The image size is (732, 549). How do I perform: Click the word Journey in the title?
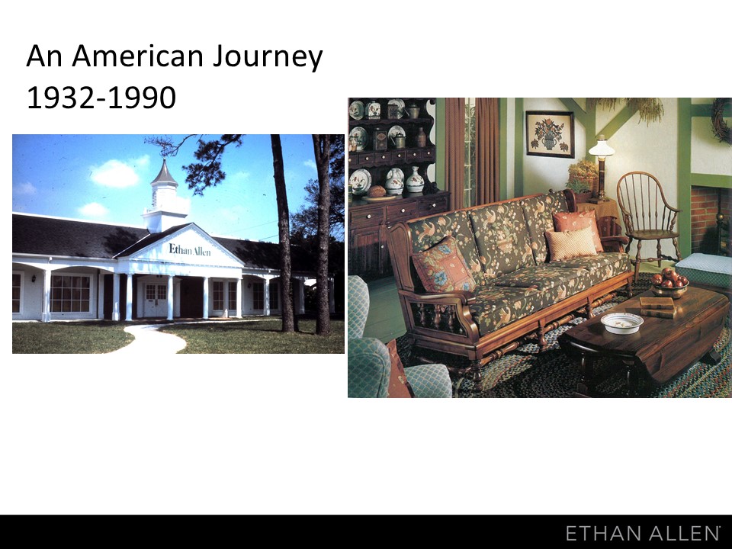click(268, 57)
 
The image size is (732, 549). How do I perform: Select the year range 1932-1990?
click(101, 98)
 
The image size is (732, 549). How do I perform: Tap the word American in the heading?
click(138, 56)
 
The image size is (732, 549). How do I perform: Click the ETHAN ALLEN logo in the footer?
click(642, 533)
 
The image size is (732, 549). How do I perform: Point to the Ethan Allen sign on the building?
click(190, 250)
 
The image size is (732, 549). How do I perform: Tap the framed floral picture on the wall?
click(550, 134)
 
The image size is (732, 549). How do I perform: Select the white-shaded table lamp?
click(601, 168)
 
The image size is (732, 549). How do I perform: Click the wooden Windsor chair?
click(647, 220)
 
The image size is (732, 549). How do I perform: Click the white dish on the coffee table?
click(622, 323)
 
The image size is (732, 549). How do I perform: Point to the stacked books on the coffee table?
click(657, 307)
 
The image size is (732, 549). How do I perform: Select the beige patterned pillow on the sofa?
click(570, 243)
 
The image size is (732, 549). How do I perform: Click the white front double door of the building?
click(156, 299)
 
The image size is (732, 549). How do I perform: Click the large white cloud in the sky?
click(116, 173)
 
